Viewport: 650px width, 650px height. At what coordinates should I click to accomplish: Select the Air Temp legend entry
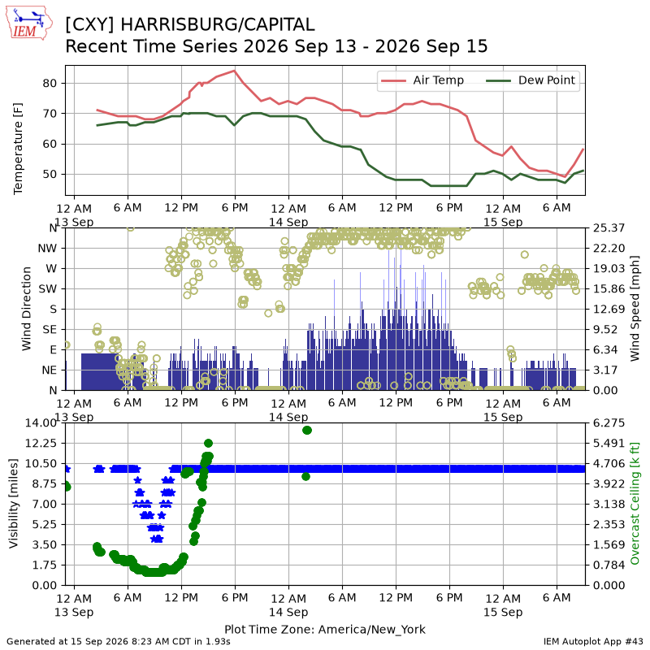click(422, 80)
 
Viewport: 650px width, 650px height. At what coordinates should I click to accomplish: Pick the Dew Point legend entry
click(531, 80)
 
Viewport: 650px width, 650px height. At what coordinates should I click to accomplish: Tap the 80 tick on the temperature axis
click(50, 84)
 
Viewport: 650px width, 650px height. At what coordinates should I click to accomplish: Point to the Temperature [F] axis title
click(18, 149)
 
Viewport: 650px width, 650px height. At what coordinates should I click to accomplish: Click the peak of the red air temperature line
click(235, 71)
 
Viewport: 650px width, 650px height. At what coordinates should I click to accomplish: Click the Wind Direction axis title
click(26, 309)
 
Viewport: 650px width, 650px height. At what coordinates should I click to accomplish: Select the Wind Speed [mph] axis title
click(635, 309)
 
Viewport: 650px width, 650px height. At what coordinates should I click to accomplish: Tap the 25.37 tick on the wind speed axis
click(609, 228)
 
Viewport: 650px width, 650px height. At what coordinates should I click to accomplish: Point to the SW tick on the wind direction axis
click(48, 289)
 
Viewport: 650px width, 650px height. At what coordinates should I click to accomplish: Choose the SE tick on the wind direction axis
click(50, 330)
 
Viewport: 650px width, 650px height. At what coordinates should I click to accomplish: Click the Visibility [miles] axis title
click(14, 504)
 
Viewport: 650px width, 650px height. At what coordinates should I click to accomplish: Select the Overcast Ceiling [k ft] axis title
click(635, 504)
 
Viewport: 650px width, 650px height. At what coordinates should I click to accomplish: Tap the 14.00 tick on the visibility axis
click(41, 423)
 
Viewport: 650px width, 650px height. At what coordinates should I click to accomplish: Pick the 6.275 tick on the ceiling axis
click(609, 423)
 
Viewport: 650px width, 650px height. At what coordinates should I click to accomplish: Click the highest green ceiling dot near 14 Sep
click(307, 431)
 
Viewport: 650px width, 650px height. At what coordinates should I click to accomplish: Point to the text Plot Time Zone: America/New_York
click(325, 629)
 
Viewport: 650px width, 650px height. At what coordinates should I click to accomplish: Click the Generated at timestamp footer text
click(119, 642)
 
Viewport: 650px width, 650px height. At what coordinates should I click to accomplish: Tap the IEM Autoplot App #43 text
click(593, 642)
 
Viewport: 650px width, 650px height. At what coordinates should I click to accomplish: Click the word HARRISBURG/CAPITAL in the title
click(217, 25)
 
